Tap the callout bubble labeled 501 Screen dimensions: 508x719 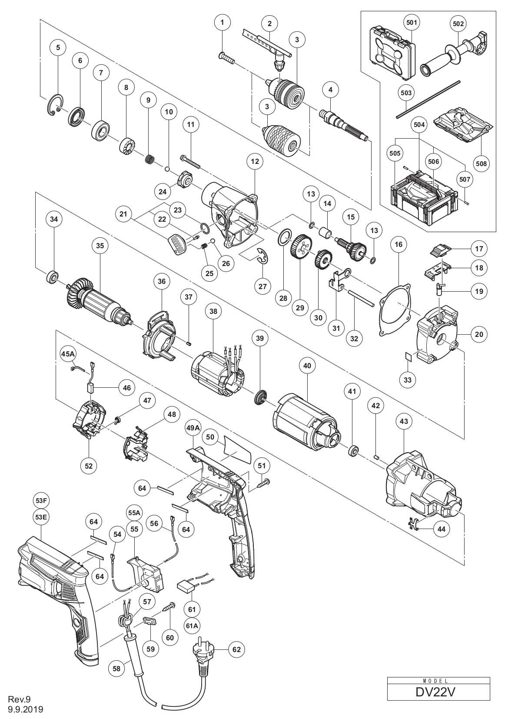412,23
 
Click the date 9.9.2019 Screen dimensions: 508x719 26,709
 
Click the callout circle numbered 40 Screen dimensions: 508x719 307,366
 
